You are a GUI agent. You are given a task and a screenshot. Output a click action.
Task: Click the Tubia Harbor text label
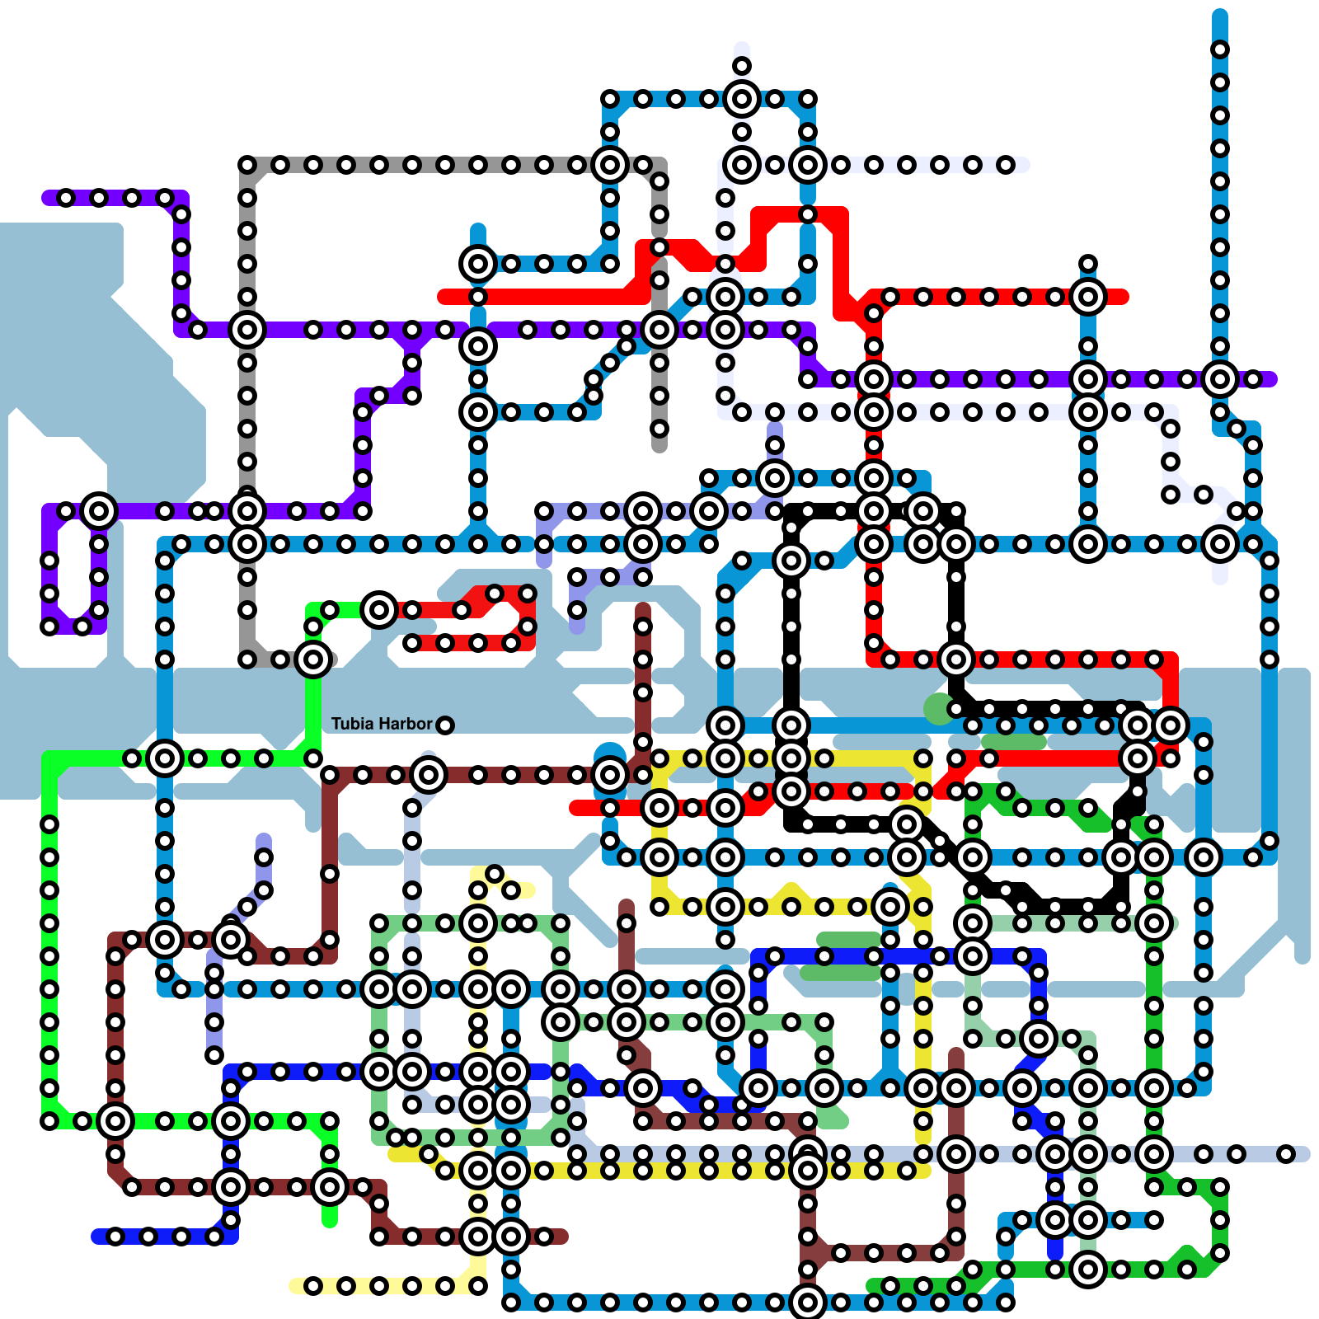(381, 724)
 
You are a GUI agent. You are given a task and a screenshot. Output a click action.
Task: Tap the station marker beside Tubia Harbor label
(444, 725)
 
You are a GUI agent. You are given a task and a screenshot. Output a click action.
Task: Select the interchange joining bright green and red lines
(379, 610)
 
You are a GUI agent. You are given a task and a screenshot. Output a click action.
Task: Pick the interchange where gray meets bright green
(313, 659)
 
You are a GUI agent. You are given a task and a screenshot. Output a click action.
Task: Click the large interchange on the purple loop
(99, 511)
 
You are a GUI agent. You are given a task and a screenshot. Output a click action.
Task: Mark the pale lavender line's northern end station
(742, 66)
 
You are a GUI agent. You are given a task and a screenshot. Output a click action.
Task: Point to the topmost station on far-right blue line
(1220, 49)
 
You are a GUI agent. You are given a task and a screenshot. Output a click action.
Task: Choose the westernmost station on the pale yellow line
(313, 1286)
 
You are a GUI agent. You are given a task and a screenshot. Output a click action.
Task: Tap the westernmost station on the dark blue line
(115, 1237)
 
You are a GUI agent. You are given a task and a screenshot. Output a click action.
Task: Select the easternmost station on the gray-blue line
(1286, 1154)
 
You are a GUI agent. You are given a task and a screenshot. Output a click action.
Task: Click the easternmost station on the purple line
(1253, 379)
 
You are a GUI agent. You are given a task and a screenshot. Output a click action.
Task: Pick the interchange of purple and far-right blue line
(1220, 379)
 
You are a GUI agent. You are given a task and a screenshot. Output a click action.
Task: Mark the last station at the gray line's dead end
(659, 429)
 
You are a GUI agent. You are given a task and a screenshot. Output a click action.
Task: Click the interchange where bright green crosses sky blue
(165, 758)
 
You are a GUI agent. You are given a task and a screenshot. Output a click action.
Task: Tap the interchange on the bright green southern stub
(330, 1187)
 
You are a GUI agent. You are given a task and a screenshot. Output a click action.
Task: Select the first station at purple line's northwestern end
(66, 198)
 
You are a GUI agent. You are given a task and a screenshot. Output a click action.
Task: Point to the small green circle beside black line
(938, 709)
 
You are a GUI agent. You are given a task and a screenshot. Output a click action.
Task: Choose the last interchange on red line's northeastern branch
(1088, 297)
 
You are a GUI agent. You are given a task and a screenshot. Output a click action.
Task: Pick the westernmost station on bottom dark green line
(890, 1286)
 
